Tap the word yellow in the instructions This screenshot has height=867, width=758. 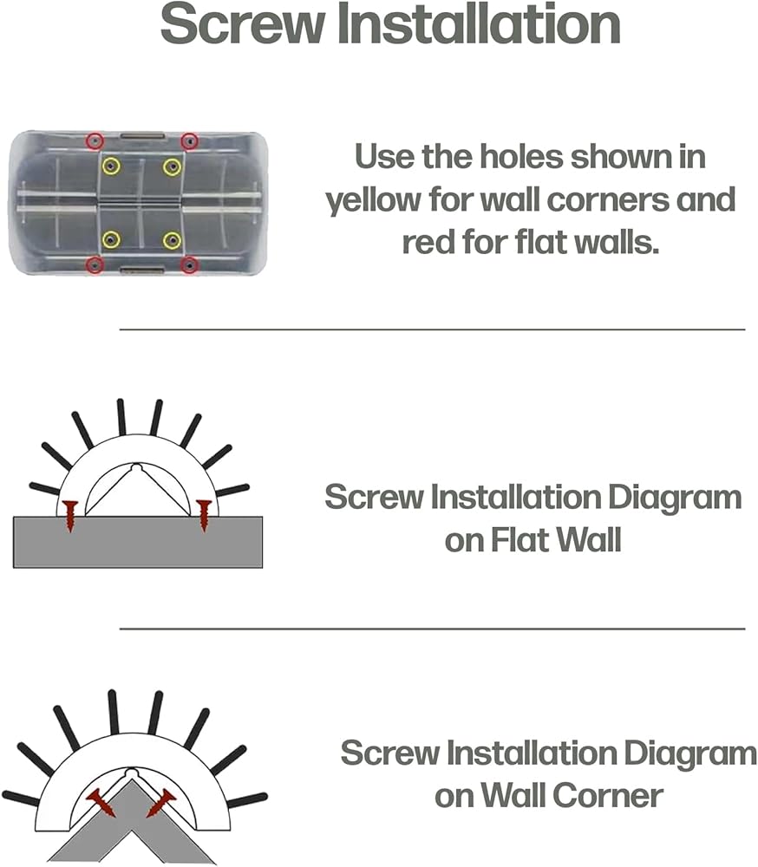[x=374, y=200]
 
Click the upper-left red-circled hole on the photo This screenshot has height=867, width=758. [x=95, y=141]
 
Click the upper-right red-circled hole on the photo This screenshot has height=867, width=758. [x=190, y=141]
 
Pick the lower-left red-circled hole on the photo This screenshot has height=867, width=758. [x=95, y=266]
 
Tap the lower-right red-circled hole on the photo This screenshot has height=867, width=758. [x=190, y=266]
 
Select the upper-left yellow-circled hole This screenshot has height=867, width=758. [x=111, y=166]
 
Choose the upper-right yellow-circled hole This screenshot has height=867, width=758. [x=172, y=166]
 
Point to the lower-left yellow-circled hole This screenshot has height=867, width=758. [x=111, y=240]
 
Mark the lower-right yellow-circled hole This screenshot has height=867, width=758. [x=172, y=240]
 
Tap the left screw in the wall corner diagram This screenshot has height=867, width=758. [x=101, y=803]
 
